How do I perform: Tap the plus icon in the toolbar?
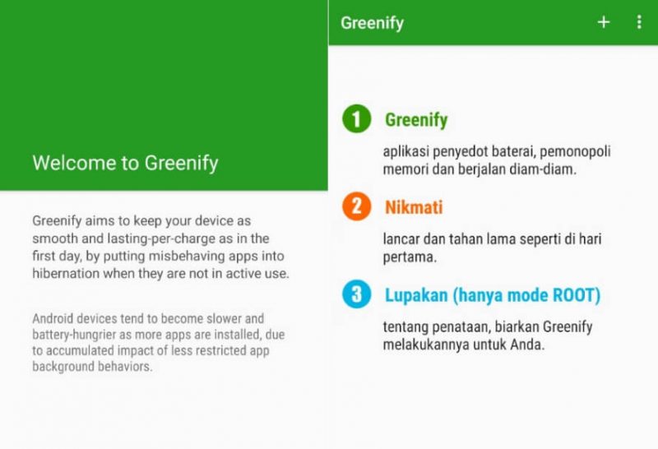coord(604,22)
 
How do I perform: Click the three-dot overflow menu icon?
coord(639,22)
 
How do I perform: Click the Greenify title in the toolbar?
coord(373,23)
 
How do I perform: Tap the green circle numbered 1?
coord(357,118)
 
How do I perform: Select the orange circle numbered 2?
coord(357,206)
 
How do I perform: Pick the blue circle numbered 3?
coord(357,294)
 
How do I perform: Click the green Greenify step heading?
coord(416,120)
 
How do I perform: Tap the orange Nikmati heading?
coord(414,207)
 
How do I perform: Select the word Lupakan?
coord(416,296)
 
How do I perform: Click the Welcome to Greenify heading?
coord(126,163)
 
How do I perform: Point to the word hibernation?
coord(66,274)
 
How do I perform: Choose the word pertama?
coord(410,257)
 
